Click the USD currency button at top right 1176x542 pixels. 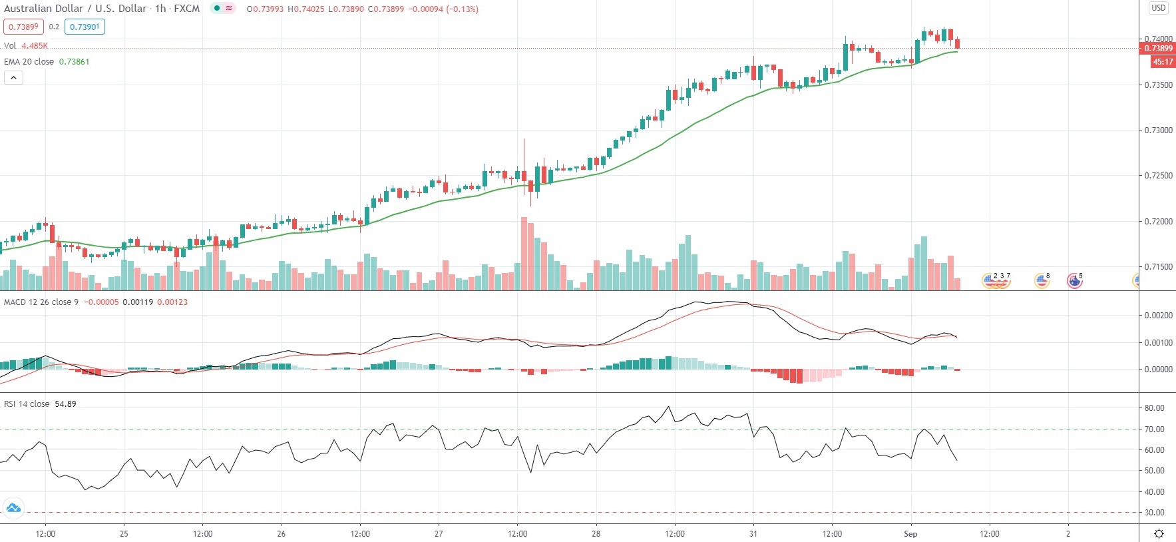[1159, 8]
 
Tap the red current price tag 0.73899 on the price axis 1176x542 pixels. [1158, 49]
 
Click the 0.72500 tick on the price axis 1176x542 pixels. [1158, 176]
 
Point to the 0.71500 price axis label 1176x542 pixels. [1158, 267]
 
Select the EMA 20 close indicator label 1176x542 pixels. [29, 62]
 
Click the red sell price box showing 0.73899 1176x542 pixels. [23, 27]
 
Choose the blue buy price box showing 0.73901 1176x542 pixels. [85, 27]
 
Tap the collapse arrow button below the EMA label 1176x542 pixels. [13, 77]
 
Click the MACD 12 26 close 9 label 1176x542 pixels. [41, 302]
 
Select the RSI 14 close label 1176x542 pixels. [27, 404]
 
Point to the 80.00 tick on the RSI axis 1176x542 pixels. [1154, 408]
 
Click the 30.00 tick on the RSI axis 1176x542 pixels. [1154, 513]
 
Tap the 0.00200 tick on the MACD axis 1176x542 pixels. [1158, 316]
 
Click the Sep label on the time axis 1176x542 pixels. [910, 533]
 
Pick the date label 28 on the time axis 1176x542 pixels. [596, 533]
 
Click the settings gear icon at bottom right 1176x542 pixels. [1159, 533]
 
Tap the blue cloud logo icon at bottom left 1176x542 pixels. [13, 509]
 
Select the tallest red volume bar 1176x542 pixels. [524, 254]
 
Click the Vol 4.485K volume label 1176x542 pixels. [26, 46]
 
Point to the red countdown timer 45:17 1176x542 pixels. [1163, 62]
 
